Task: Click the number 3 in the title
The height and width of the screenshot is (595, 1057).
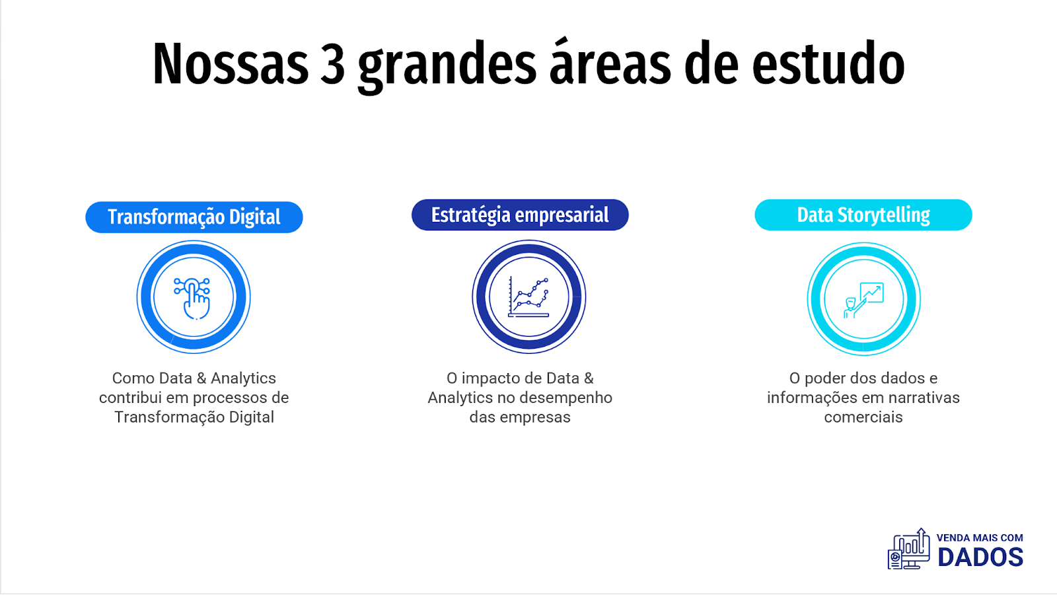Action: (x=333, y=64)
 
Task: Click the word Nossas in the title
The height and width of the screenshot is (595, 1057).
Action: (x=231, y=64)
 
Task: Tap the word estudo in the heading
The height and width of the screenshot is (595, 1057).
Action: (x=828, y=64)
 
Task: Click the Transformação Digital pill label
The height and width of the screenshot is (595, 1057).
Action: (x=194, y=217)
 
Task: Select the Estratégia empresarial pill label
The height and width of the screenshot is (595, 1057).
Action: (x=520, y=215)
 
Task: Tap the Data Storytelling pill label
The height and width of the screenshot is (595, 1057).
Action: (x=863, y=215)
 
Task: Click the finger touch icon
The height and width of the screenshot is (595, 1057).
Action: (x=192, y=298)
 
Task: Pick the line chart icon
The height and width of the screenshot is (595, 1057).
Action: (x=528, y=297)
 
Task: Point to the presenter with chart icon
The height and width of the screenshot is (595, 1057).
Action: (x=863, y=300)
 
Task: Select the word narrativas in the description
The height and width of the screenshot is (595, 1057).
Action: (x=924, y=398)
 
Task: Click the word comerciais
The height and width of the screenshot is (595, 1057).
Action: (x=863, y=417)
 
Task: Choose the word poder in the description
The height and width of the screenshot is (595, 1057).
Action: (x=824, y=378)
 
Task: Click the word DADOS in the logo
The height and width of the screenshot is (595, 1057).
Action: (x=980, y=557)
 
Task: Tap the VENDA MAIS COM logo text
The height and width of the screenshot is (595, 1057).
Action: (x=980, y=538)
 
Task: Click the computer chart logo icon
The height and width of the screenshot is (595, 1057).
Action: (x=909, y=549)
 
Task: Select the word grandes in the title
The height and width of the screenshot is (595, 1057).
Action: (x=447, y=67)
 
